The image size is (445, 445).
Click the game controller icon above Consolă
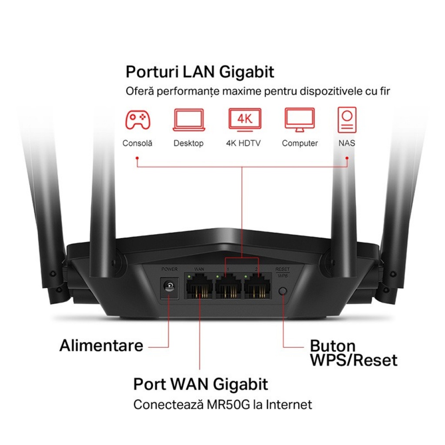(138, 120)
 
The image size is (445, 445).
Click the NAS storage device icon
(347, 120)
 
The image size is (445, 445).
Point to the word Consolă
(137, 143)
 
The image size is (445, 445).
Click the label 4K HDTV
(243, 143)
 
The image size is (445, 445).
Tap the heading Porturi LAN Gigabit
(200, 72)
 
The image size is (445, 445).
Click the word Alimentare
(101, 346)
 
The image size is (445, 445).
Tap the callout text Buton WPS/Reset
(353, 353)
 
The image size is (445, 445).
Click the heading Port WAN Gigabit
(200, 384)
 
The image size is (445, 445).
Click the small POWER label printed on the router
(169, 269)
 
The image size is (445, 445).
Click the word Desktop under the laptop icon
(188, 143)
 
